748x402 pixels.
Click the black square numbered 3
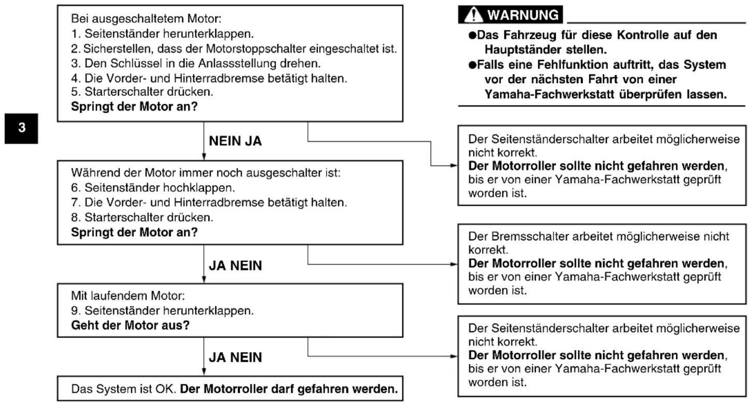[x=21, y=129]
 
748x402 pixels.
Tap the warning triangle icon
[x=473, y=15]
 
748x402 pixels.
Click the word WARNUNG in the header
[x=523, y=15]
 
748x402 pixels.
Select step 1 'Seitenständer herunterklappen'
[x=162, y=34]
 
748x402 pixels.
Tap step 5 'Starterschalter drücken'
[x=142, y=92]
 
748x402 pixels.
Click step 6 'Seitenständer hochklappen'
[x=153, y=188]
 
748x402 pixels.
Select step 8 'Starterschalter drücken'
[x=142, y=218]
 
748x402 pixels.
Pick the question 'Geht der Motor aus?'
[x=130, y=326]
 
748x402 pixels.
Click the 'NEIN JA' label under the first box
[x=235, y=141]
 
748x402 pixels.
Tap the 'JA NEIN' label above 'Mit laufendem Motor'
[x=235, y=266]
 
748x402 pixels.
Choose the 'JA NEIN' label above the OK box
[x=235, y=357]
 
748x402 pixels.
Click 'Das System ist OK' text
[x=124, y=389]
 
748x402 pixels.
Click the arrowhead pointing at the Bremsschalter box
[x=454, y=264]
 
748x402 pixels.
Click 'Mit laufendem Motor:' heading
[x=128, y=296]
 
